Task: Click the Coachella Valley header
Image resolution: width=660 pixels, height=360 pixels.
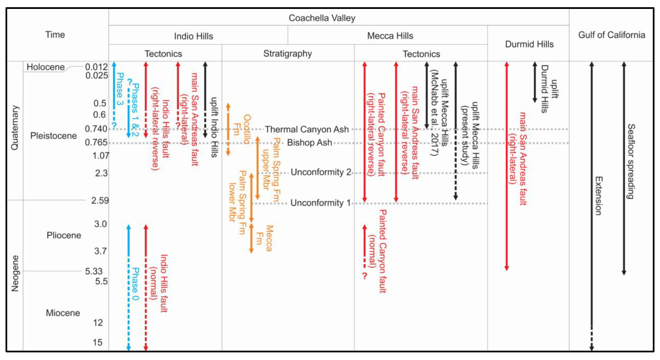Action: click(322, 18)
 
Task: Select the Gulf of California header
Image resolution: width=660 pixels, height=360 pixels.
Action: click(611, 35)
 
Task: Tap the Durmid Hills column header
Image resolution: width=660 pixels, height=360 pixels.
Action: click(529, 44)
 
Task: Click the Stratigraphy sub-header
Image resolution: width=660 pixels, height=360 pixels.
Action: click(287, 53)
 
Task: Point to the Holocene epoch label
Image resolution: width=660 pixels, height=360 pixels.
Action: click(45, 67)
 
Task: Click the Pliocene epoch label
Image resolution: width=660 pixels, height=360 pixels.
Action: click(64, 235)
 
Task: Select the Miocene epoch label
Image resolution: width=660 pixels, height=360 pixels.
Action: click(63, 313)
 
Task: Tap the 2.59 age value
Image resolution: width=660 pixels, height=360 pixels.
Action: click(100, 201)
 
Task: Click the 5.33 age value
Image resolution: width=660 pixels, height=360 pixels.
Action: click(94, 271)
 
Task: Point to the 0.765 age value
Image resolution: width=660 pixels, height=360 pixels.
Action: click(96, 142)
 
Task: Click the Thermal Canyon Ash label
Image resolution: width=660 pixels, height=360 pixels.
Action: click(307, 129)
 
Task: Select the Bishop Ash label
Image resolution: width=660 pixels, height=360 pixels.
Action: click(309, 143)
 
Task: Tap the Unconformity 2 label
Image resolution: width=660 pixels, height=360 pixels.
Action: click(321, 172)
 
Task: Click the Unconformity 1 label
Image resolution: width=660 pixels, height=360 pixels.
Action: click(320, 203)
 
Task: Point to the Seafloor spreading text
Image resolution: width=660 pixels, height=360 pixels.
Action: click(631, 161)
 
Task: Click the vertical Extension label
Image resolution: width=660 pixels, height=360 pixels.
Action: click(598, 196)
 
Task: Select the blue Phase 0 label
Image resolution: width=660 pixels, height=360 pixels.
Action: click(135, 284)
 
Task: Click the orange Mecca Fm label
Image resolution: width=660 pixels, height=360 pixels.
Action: click(264, 238)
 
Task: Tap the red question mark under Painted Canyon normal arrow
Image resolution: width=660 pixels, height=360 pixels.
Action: click(365, 276)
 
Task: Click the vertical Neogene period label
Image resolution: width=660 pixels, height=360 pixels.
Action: click(15, 273)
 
